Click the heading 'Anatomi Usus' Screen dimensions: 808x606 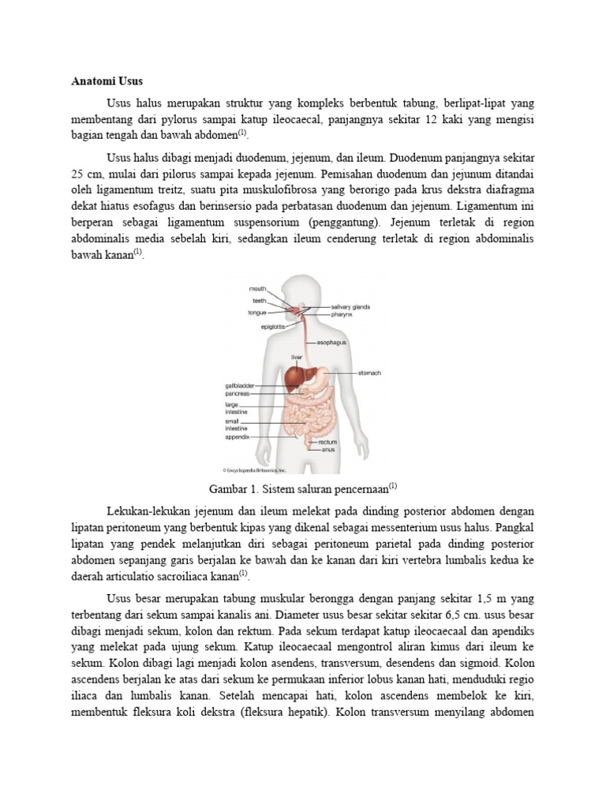coord(106,81)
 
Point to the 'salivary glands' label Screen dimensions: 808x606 coord(350,306)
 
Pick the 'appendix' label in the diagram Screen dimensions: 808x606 coord(237,436)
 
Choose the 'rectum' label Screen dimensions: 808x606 coord(327,443)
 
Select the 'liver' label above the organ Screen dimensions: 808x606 coord(297,357)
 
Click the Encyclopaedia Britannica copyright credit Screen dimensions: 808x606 coord(256,469)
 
